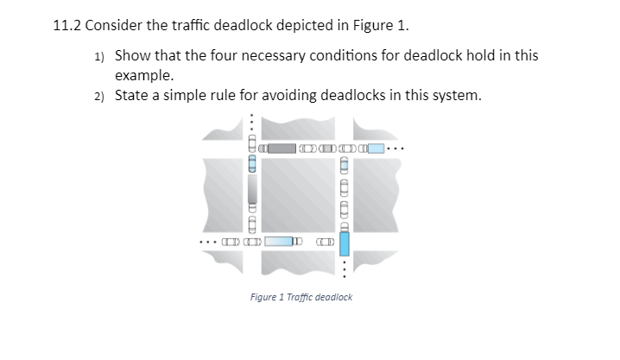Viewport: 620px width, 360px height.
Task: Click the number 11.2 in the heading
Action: click(66, 23)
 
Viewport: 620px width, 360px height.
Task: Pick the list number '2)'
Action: click(99, 96)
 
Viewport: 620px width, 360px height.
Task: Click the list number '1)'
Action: click(99, 57)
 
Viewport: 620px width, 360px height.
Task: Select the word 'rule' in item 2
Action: click(217, 94)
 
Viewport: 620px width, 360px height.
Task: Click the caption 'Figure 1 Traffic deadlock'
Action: click(301, 297)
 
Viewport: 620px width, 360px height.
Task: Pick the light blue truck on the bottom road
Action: click(278, 242)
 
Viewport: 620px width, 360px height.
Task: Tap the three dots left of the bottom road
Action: click(210, 242)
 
